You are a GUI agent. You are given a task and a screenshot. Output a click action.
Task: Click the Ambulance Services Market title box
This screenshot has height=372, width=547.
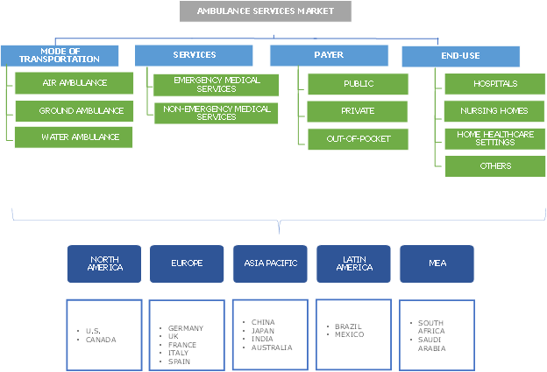tap(266, 11)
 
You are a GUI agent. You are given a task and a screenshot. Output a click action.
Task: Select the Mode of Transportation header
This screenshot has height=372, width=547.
tap(58, 54)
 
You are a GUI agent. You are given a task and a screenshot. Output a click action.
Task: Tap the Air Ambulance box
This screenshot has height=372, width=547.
tap(75, 83)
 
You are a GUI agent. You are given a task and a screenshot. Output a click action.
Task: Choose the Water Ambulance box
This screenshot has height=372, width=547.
tap(75, 137)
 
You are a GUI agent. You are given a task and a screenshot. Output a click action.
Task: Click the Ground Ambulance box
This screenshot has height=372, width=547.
tap(75, 111)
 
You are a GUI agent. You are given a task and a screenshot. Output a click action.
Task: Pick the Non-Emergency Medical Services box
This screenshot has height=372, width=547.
tap(217, 112)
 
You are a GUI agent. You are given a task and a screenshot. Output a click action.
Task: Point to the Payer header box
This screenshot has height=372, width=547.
tap(330, 55)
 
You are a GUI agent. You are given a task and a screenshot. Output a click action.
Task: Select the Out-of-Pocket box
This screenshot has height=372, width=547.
tap(358, 138)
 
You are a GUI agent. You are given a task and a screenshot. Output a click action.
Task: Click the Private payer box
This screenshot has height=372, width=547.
tap(358, 111)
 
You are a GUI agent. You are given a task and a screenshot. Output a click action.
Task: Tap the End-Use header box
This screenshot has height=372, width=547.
tap(460, 56)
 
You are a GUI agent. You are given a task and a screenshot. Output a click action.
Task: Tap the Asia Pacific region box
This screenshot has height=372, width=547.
tap(270, 263)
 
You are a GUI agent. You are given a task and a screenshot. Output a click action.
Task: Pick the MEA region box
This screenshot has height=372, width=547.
tap(437, 263)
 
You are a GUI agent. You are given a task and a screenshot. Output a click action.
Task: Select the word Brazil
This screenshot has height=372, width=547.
tap(348, 326)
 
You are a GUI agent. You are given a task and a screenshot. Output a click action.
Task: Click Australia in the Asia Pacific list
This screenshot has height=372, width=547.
tap(271, 347)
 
